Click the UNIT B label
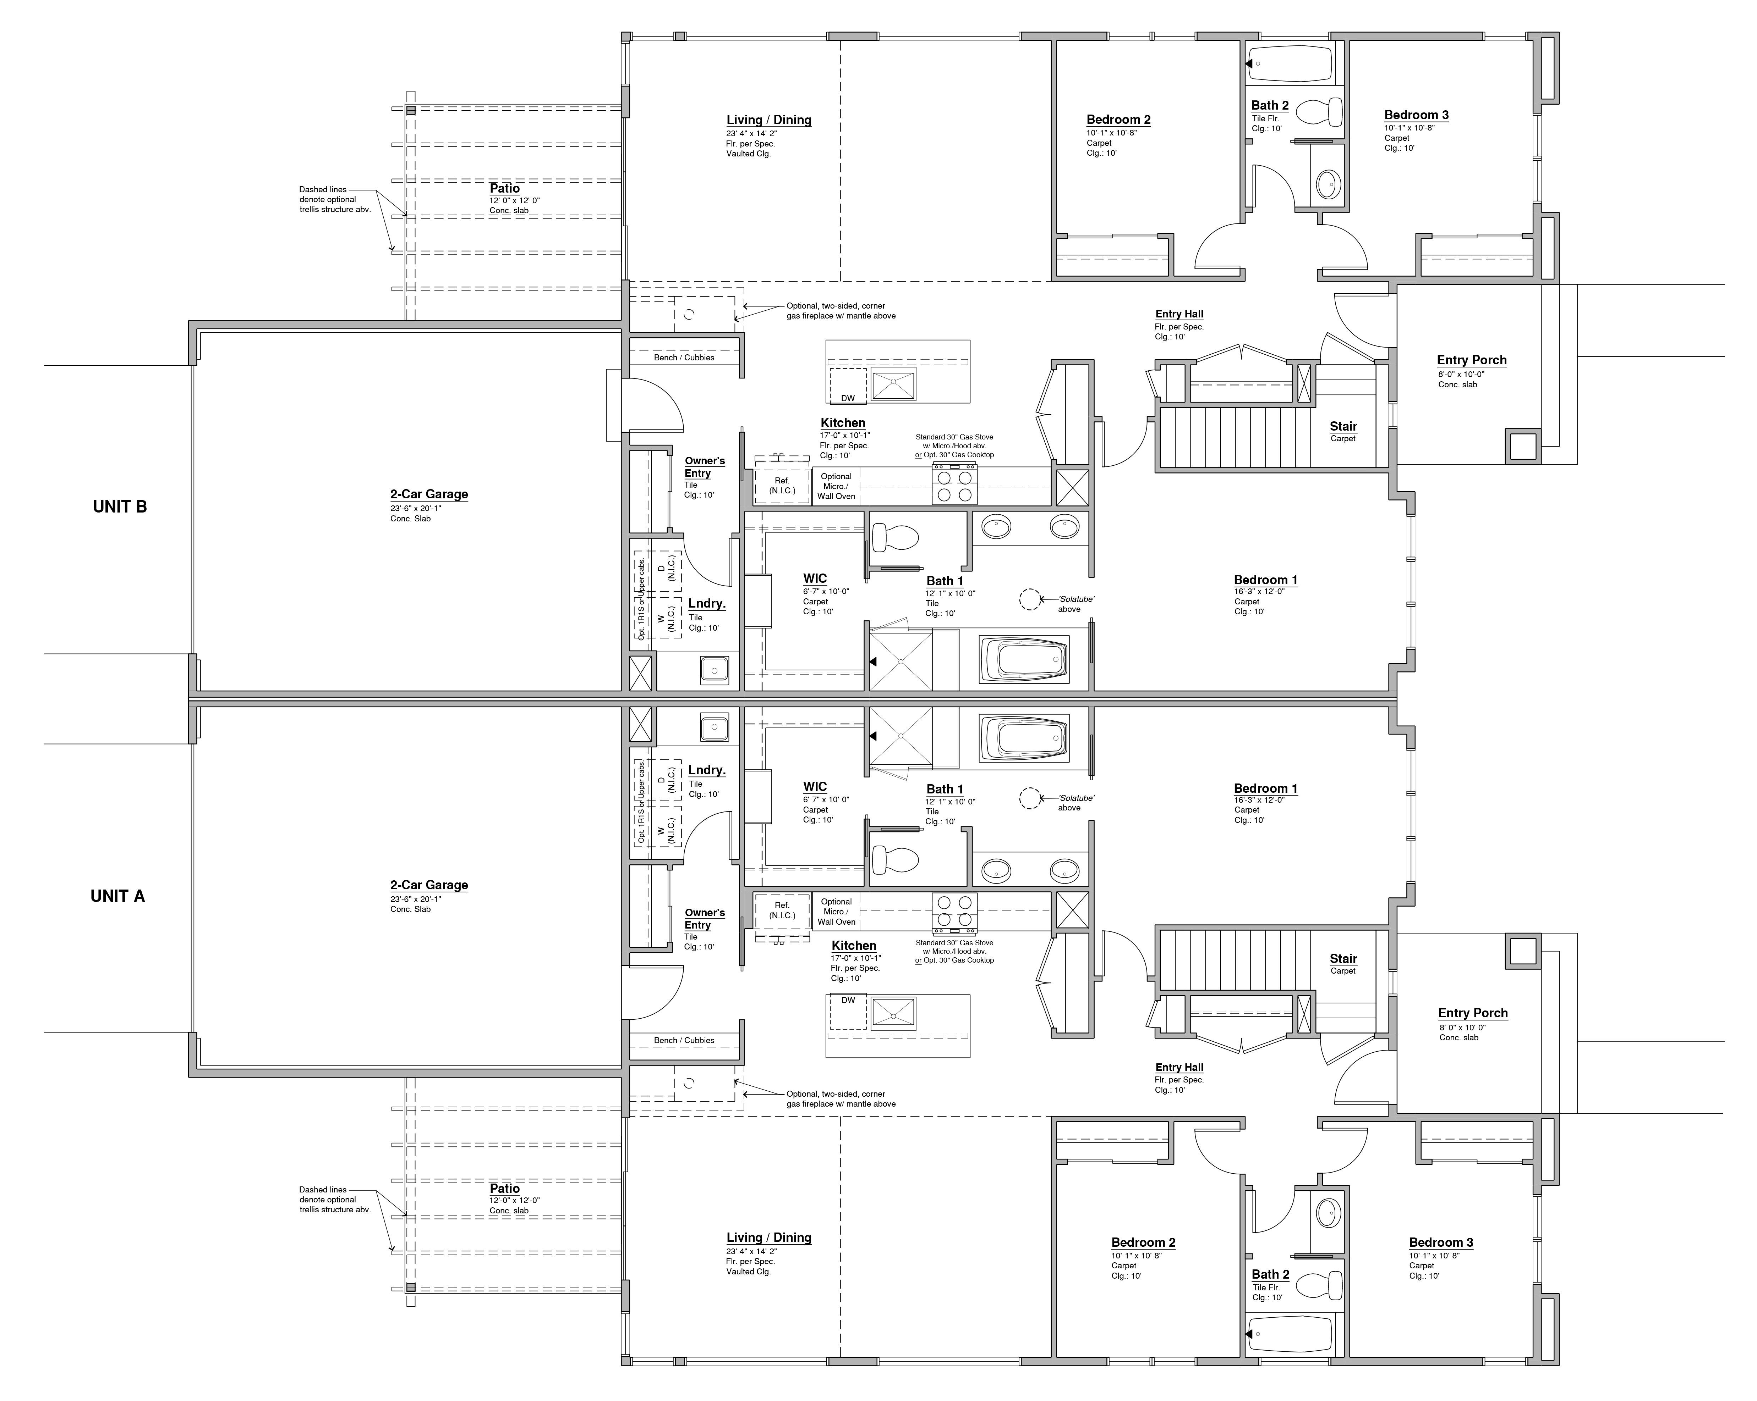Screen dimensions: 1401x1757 (x=120, y=506)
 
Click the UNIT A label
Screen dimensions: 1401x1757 (x=117, y=896)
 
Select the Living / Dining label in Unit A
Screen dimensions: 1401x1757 (x=768, y=1237)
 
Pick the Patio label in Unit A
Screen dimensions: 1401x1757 (x=504, y=1189)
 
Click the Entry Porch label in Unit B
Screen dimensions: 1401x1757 (x=1471, y=360)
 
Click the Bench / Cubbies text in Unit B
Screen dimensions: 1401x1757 (x=684, y=358)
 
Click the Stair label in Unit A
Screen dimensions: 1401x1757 (x=1343, y=959)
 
